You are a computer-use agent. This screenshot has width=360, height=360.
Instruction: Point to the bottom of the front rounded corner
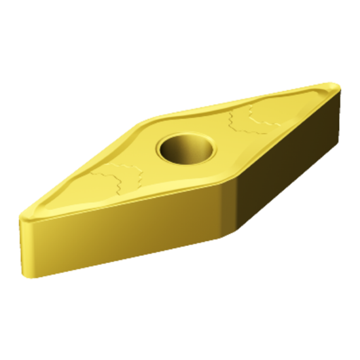(x=226, y=237)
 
